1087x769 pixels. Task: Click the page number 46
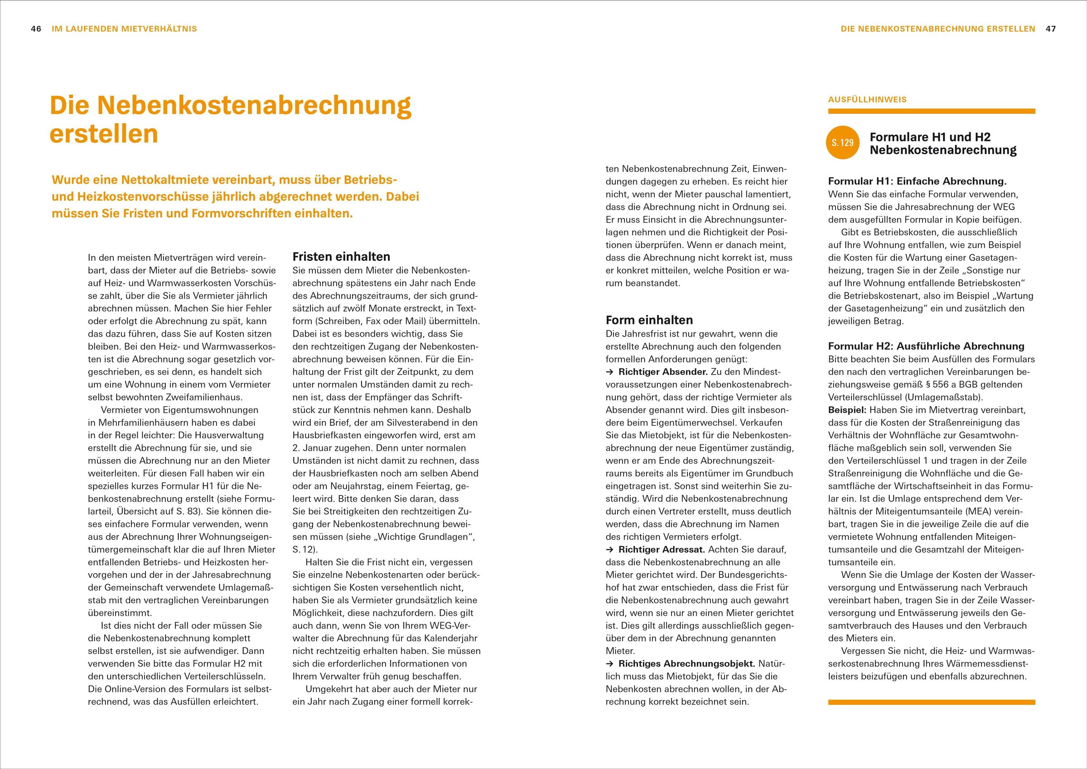[36, 29]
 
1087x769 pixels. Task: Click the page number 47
[1051, 29]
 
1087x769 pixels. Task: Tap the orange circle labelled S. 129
[843, 142]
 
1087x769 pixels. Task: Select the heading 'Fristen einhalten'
[341, 256]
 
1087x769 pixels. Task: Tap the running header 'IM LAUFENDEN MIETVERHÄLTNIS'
[124, 29]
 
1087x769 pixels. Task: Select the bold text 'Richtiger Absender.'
[663, 372]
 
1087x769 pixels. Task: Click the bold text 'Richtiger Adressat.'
[662, 549]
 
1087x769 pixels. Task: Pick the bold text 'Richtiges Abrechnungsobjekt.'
[686, 663]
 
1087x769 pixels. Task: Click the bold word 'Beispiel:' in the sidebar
[847, 410]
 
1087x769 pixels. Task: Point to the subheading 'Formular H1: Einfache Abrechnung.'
[917, 181]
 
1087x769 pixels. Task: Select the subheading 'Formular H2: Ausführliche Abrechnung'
[926, 346]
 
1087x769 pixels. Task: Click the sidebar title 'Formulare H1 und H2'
[930, 137]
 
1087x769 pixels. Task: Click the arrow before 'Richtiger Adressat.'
[610, 550]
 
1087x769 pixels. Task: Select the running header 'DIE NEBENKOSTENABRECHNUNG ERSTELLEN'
[938, 29]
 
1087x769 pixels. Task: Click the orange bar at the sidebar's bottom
[931, 702]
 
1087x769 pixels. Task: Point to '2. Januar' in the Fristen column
[311, 448]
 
